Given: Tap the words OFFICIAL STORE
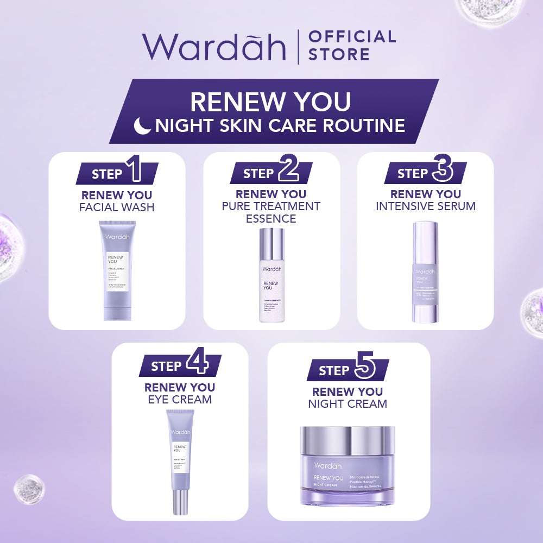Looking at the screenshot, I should tap(352, 45).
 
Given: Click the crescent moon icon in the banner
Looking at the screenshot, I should tap(143, 125).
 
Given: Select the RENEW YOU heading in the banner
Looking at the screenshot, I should tap(270, 102).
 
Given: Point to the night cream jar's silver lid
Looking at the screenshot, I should tap(348, 440).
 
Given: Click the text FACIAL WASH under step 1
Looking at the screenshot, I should tap(117, 207).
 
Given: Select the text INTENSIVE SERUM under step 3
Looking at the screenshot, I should tap(426, 206).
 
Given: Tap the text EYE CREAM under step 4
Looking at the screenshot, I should tap(180, 400).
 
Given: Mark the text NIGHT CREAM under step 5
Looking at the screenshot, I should tap(348, 404).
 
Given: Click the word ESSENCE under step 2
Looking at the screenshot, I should tap(271, 219).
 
